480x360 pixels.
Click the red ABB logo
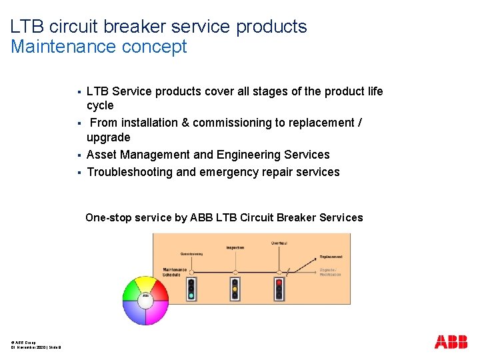pos(451,342)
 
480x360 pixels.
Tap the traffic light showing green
pos(191,288)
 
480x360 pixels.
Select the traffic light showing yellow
pos(235,288)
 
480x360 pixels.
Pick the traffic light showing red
pos(279,288)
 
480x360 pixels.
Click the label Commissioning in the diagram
pos(191,254)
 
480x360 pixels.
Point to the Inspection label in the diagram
pos(235,247)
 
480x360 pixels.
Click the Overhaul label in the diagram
pos(279,243)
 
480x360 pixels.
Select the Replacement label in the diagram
pos(331,257)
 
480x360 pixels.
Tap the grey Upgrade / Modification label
pos(331,272)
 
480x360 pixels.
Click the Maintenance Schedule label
pos(175,272)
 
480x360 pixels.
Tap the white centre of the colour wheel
pos(145,301)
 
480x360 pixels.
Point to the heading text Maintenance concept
pos(99,47)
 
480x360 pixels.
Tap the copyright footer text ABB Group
pos(25,343)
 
